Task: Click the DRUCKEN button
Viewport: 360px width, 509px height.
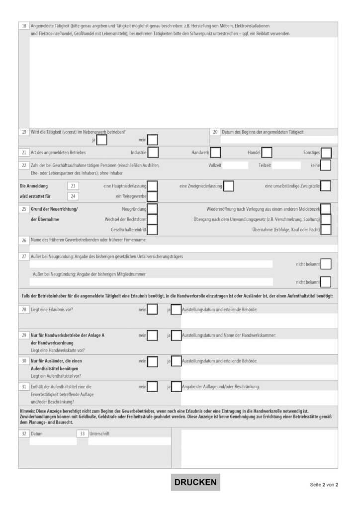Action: click(195, 482)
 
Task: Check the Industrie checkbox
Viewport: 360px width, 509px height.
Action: click(153, 153)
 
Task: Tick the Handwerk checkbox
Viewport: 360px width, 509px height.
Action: click(216, 153)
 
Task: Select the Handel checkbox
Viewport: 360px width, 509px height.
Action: click(267, 153)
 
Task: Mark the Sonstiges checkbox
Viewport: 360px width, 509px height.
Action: click(326, 153)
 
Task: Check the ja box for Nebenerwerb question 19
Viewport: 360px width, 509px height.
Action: click(101, 140)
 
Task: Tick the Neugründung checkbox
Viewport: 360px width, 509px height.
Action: click(153, 209)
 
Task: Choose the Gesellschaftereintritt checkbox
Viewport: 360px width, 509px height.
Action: click(153, 230)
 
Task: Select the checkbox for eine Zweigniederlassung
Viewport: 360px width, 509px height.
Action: click(229, 186)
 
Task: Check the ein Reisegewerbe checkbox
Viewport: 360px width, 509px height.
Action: click(153, 196)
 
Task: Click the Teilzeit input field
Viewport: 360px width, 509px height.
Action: click(286, 165)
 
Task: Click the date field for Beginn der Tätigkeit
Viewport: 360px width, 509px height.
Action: click(278, 140)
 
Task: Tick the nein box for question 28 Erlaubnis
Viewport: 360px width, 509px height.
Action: click(153, 310)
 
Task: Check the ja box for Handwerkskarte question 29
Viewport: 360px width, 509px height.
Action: click(176, 336)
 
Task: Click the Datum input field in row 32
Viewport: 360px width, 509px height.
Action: click(53, 441)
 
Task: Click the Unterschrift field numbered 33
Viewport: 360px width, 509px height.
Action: click(129, 441)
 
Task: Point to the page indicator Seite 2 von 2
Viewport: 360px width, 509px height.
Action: click(324, 485)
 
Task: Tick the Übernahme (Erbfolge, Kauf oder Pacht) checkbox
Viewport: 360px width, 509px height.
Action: click(326, 230)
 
